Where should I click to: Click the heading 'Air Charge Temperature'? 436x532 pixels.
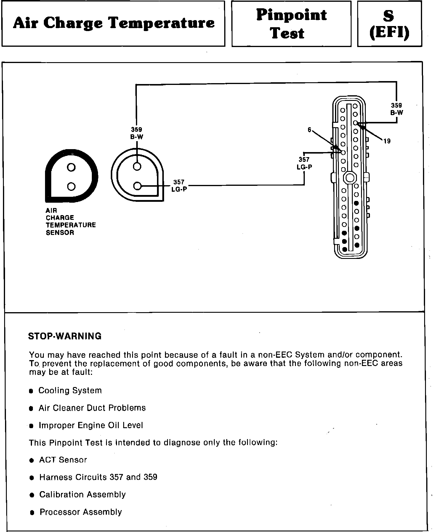114,23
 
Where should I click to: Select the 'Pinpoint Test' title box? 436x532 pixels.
291,24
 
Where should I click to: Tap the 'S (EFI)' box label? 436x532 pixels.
389,25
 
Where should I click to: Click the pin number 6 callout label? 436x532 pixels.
310,130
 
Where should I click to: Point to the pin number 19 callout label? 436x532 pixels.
387,141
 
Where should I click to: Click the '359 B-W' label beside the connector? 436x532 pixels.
396,109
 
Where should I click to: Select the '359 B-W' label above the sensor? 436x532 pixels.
136,133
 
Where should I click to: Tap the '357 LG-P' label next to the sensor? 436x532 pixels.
179,186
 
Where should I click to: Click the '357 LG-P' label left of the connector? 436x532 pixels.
304,163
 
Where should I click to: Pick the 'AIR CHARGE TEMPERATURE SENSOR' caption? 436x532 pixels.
70,221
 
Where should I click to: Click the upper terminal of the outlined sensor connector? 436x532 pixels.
137,167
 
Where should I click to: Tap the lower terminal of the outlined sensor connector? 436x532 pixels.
137,186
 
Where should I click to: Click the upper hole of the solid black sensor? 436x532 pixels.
71,167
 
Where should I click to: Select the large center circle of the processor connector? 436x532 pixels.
350,178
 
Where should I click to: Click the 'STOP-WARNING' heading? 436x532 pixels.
65,336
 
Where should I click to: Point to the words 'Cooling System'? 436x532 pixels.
70,391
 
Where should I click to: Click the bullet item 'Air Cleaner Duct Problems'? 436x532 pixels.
92,408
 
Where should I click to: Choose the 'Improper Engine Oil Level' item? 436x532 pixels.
91,425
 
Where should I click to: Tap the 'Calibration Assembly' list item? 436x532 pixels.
82,495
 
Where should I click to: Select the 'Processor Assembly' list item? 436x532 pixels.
81,512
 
